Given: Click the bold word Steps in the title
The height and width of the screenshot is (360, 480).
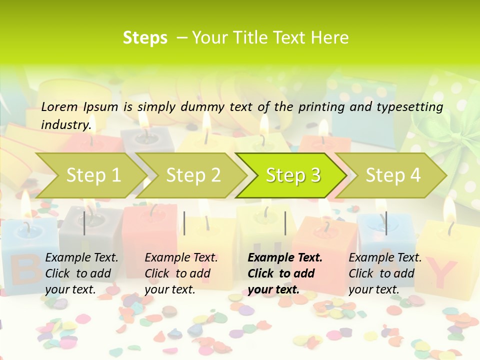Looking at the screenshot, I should click(x=145, y=38).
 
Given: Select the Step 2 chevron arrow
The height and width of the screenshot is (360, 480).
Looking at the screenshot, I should click(x=192, y=175).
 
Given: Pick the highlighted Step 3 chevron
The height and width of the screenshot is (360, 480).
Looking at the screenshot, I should click(x=292, y=175).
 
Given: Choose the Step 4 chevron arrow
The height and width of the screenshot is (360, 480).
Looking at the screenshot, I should click(x=392, y=175).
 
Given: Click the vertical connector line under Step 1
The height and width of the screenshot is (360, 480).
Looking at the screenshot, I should click(x=84, y=223).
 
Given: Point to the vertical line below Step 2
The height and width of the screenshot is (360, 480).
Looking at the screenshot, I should click(x=184, y=223).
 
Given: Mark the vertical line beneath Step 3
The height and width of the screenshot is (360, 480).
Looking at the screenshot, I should click(x=285, y=223).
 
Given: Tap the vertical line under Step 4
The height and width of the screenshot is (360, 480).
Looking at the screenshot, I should click(x=386, y=223).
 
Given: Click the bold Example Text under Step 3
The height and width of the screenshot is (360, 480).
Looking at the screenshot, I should click(x=285, y=258).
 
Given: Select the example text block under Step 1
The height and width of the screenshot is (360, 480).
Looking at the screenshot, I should click(x=81, y=273).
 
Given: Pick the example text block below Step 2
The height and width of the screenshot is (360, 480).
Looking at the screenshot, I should click(x=181, y=273).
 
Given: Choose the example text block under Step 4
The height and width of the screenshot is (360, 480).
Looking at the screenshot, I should click(x=385, y=273).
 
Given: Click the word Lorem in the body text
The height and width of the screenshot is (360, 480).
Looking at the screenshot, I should click(x=59, y=106).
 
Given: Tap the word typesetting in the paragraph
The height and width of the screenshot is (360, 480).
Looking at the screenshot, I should click(x=414, y=107).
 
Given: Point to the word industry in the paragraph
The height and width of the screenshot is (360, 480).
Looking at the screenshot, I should click(x=65, y=125).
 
